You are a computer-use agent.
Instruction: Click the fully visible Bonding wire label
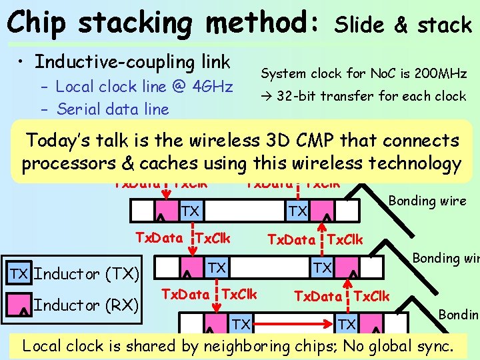click(x=427, y=201)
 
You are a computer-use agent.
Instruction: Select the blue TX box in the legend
click(x=18, y=273)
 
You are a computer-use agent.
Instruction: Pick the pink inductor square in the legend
click(x=18, y=305)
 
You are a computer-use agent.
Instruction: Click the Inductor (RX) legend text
click(x=86, y=305)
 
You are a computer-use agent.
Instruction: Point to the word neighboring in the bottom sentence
click(x=257, y=346)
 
